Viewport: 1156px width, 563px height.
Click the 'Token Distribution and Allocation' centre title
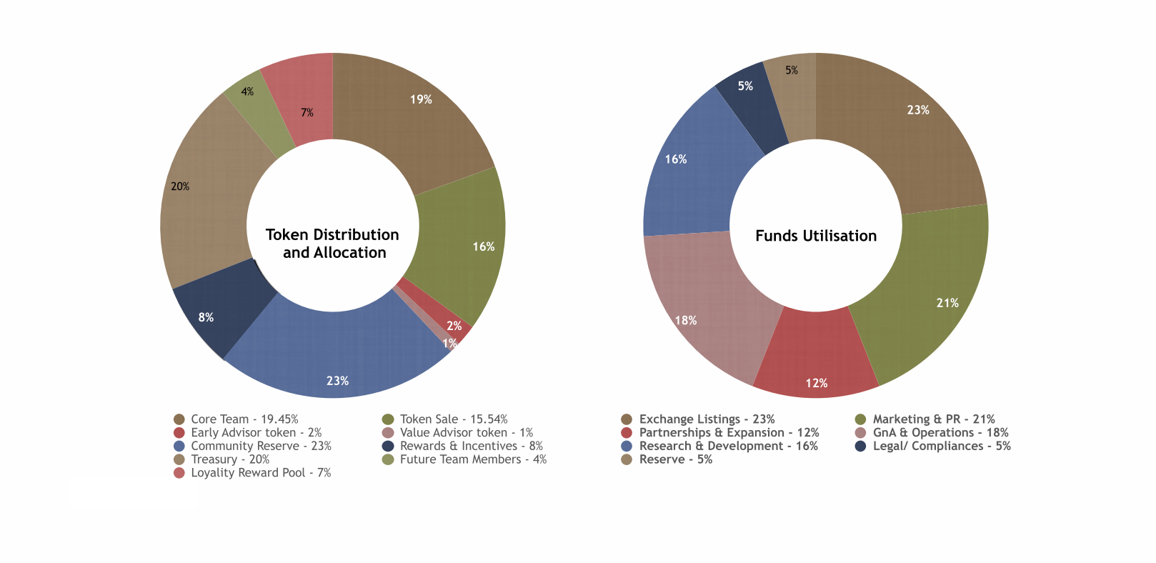333,244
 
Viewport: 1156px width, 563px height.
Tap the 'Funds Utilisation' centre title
816,236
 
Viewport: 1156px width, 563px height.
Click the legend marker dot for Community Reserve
179,447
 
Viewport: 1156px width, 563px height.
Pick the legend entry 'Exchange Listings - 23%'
707,419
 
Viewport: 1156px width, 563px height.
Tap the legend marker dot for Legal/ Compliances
861,447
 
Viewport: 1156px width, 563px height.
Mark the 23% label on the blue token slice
338,381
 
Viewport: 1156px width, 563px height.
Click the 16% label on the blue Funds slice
676,159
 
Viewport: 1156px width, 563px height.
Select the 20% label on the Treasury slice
180,186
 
